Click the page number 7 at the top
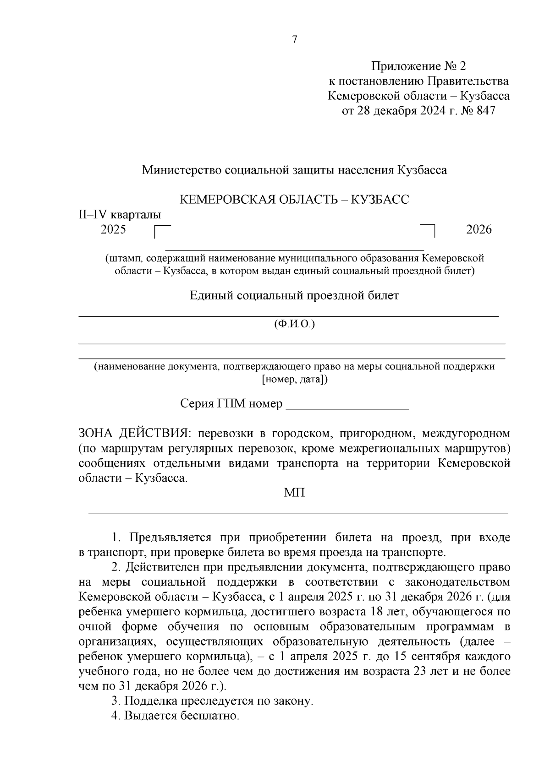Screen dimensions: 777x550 tap(295, 40)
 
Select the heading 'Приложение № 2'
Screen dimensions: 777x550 tap(418, 67)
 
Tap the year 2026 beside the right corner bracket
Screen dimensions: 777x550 tap(478, 229)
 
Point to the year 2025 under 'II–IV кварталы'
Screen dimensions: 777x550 tap(113, 229)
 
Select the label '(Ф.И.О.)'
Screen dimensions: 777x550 tap(294, 324)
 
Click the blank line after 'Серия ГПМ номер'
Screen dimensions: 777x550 tap(347, 406)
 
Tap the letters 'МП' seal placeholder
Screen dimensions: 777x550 tap(294, 493)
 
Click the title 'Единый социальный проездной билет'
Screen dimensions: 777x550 tap(294, 295)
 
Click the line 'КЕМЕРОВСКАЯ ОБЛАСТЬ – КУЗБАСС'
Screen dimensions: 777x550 tap(294, 200)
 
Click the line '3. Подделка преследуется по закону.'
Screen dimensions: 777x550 tap(212, 701)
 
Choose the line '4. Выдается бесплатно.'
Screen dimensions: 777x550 tap(176, 716)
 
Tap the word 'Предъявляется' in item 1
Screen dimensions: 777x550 tap(169, 538)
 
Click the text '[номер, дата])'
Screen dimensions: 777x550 tap(294, 380)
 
